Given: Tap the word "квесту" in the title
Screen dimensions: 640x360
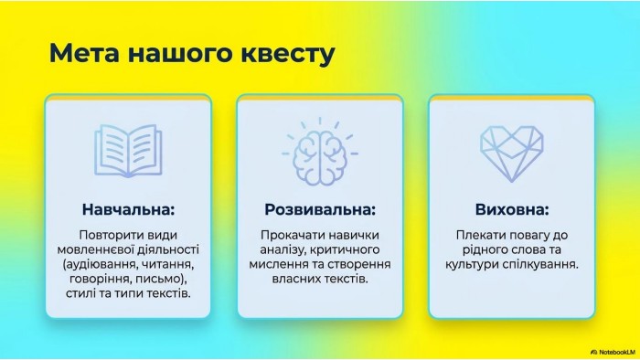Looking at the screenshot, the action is pyautogui.click(x=287, y=53).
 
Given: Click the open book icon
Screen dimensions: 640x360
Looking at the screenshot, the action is pyautogui.click(x=128, y=151).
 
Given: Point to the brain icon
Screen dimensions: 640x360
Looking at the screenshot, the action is pyautogui.click(x=320, y=152).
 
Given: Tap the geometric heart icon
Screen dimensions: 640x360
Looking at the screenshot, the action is pyautogui.click(x=512, y=154).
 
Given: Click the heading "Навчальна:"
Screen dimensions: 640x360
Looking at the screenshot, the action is pyautogui.click(x=128, y=209).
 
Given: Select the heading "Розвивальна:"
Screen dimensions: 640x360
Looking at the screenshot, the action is pyautogui.click(x=320, y=209).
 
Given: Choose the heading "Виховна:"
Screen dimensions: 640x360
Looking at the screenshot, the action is pyautogui.click(x=512, y=209).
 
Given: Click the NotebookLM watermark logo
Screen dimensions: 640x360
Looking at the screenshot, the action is pyautogui.click(x=613, y=352).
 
